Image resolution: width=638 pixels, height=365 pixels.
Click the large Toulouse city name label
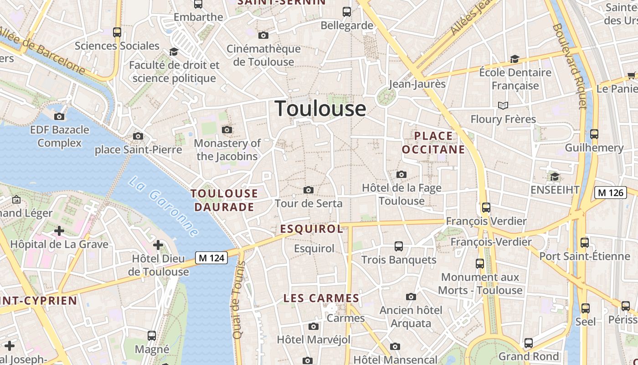[320, 109]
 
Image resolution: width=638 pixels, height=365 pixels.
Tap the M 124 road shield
[211, 258]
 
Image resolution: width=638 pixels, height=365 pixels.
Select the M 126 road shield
[610, 193]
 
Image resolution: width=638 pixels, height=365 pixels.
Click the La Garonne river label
[164, 207]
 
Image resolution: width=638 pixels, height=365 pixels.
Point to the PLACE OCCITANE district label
[433, 142]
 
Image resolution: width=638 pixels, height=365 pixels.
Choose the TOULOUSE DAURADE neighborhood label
[224, 200]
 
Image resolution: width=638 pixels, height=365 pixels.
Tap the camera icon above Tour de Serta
[309, 190]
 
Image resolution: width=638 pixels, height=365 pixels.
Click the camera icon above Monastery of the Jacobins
[226, 130]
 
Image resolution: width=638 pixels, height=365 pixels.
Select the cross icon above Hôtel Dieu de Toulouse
[158, 245]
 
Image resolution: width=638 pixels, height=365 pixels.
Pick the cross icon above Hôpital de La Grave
[59, 231]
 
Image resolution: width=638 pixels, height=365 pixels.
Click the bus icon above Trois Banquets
[399, 246]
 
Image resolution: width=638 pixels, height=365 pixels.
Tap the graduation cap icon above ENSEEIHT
[555, 177]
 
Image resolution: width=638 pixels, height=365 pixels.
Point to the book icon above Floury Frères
[503, 106]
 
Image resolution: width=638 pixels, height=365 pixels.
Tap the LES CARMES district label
[321, 298]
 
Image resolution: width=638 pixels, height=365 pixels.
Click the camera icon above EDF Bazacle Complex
[59, 116]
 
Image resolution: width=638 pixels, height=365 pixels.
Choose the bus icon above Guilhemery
[594, 134]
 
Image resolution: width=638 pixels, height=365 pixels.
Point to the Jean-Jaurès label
[417, 84]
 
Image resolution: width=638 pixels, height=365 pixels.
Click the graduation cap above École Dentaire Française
[515, 59]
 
